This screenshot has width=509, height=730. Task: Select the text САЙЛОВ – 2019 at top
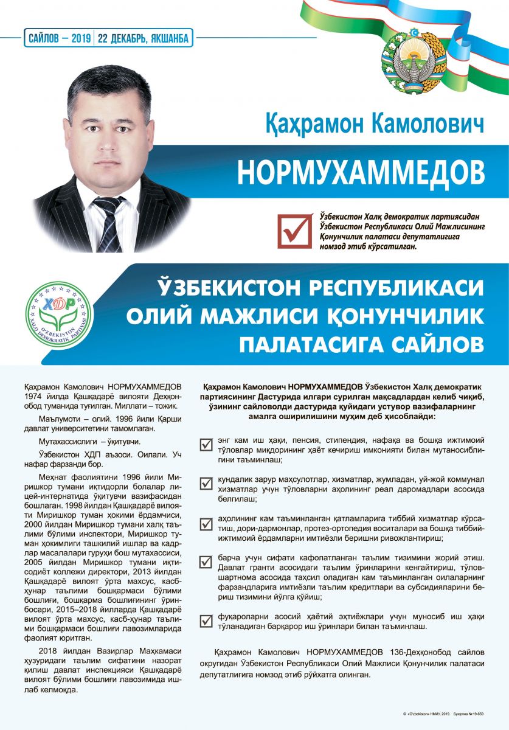pos(59,38)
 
